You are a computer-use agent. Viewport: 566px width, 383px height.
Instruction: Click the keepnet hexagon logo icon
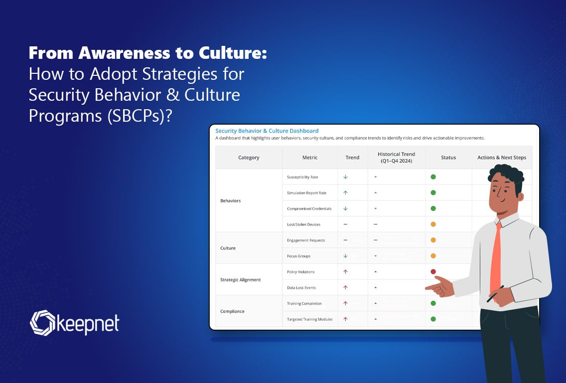coord(42,323)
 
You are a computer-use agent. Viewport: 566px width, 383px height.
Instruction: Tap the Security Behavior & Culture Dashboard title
coord(267,131)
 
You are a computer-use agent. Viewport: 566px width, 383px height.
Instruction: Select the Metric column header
coord(310,158)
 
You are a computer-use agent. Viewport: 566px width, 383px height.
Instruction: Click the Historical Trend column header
coord(396,158)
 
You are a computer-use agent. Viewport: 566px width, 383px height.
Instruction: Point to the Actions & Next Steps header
coord(502,158)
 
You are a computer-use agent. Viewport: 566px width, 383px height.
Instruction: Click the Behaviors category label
coord(230,200)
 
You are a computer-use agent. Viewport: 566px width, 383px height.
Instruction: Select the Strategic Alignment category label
coord(241,280)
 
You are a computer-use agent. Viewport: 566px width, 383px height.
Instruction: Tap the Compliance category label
coord(232,311)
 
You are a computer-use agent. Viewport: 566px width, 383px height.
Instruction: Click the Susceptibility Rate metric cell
coord(302,177)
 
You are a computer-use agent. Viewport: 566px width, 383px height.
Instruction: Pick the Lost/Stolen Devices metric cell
coord(303,224)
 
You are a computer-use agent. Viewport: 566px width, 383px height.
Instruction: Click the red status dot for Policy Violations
coord(433,272)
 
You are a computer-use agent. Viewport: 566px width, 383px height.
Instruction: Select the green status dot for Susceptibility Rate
coord(433,177)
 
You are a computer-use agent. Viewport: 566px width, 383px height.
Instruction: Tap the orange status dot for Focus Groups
coord(433,256)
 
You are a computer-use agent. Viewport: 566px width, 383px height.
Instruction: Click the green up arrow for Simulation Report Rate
coord(345,192)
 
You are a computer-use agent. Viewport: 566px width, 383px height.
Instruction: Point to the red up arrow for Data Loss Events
coord(345,288)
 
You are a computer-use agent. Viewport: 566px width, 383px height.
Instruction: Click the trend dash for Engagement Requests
coord(345,240)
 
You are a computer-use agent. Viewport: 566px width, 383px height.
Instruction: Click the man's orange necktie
coord(496,259)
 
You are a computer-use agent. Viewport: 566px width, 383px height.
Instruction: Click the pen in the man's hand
coord(495,294)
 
